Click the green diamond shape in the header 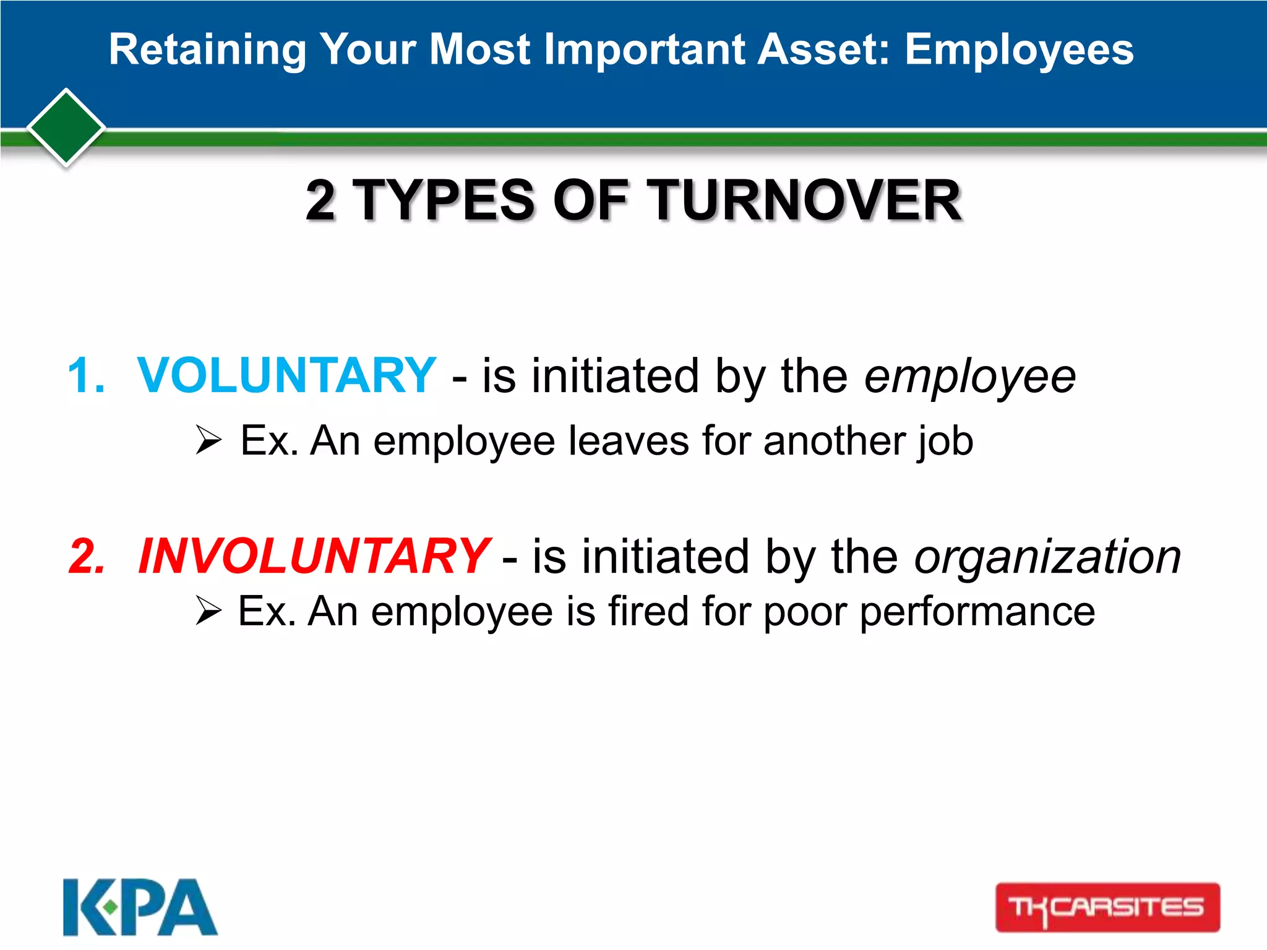point(66,127)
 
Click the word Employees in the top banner point(1019,49)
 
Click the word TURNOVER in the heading point(806,200)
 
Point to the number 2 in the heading point(321,200)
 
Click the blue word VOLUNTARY point(286,375)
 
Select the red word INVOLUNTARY point(314,556)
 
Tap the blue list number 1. point(85,375)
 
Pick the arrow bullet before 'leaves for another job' point(208,440)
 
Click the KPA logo point(140,907)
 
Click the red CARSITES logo point(1107,907)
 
